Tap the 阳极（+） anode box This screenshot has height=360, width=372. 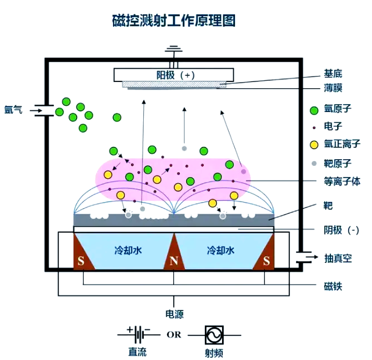tap(175, 75)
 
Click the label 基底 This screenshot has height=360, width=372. tap(333, 72)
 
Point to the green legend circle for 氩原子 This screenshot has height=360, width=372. tap(314, 111)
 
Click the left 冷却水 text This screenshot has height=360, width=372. tap(128, 251)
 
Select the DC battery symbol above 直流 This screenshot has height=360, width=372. tap(139, 334)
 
